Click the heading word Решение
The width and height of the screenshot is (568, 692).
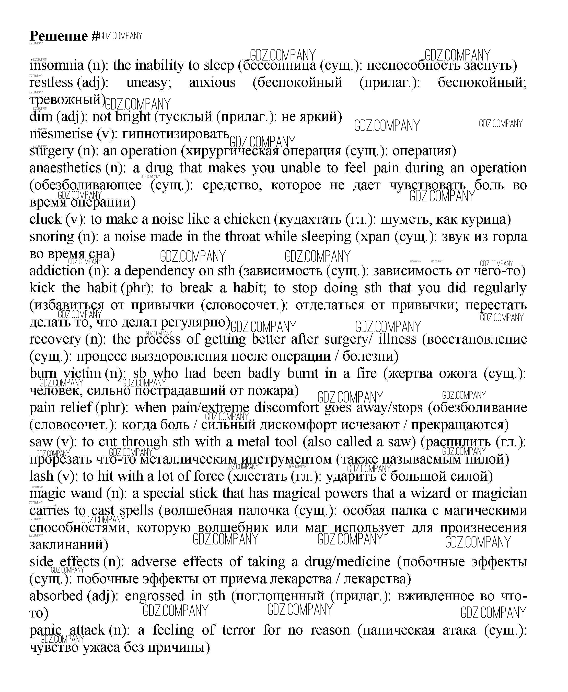[x=59, y=36]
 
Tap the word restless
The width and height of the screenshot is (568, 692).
[x=51, y=82]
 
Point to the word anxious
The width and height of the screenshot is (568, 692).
[x=212, y=82]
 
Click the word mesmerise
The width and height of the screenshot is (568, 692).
[x=61, y=134]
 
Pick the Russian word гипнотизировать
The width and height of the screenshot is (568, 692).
[x=175, y=134]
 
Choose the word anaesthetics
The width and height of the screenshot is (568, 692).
[x=65, y=168]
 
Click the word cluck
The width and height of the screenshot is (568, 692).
[x=45, y=219]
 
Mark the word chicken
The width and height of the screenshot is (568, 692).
[x=247, y=219]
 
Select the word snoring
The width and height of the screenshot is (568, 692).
[x=52, y=237]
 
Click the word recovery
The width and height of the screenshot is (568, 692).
[x=55, y=339]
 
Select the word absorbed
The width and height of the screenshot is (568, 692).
[x=56, y=596]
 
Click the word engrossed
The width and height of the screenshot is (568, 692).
[x=154, y=596]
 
